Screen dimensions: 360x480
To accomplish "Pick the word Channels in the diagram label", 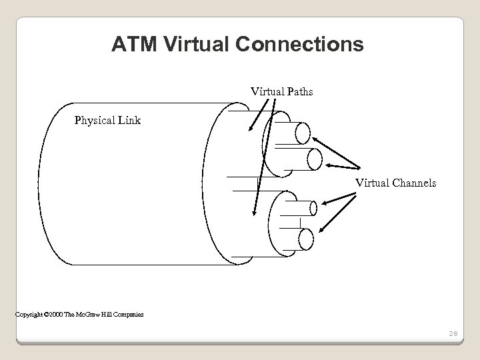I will click(415, 181).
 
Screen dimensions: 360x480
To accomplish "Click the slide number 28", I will click(453, 333).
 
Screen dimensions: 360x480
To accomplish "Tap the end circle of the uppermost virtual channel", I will click(303, 133).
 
